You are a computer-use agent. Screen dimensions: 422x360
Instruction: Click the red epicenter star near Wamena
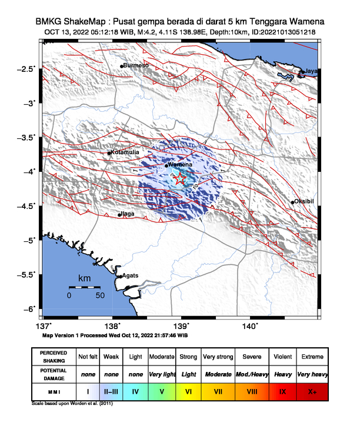(181, 180)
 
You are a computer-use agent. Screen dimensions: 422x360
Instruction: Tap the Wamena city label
(181, 165)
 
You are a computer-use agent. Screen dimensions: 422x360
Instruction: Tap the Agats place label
(130, 275)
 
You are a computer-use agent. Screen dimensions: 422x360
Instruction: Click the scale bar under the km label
(84, 287)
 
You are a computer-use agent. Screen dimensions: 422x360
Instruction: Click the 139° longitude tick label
(181, 326)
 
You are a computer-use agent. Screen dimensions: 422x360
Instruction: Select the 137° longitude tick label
(43, 326)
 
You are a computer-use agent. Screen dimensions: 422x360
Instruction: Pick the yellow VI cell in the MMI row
(188, 390)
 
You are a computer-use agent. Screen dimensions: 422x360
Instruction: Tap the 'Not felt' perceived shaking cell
(88, 357)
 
